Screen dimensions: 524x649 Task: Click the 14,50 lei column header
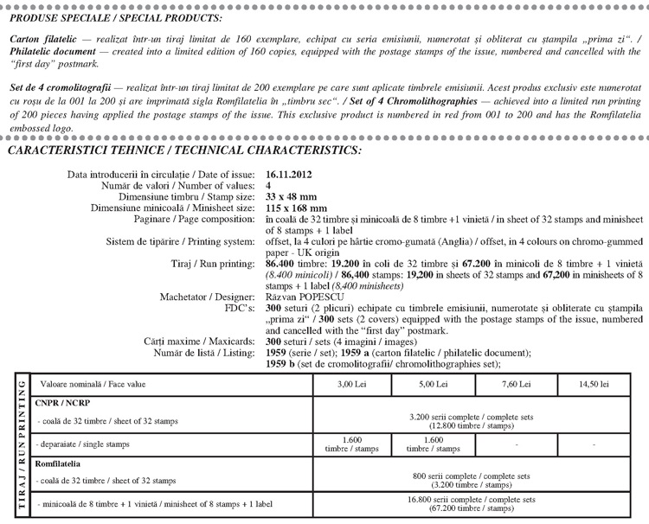(x=594, y=382)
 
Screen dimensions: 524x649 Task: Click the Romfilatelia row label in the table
(x=56, y=464)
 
